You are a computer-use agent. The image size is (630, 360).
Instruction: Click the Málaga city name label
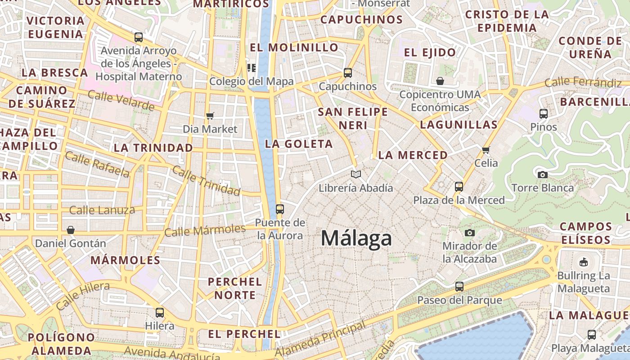[x=356, y=238]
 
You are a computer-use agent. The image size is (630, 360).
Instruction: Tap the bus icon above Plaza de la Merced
[x=459, y=186]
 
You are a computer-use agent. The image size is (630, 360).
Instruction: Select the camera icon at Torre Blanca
[x=543, y=175]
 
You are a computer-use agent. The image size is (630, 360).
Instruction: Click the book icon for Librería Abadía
[x=356, y=174]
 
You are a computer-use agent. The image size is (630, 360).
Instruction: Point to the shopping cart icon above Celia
[x=486, y=150]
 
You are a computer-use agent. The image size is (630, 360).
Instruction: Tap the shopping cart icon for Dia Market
[x=210, y=116]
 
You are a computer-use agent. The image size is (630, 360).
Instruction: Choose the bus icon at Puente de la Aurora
[x=280, y=209]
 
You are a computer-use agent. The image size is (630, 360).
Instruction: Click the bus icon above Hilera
[x=160, y=313]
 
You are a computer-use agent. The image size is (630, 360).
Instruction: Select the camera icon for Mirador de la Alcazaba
[x=470, y=233]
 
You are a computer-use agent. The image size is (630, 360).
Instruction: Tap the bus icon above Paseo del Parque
[x=459, y=287]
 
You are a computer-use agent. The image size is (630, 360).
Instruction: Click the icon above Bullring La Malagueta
[x=583, y=262]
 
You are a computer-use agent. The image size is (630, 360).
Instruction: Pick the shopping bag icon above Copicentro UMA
[x=440, y=81]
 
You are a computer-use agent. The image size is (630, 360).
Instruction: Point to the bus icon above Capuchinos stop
[x=347, y=73]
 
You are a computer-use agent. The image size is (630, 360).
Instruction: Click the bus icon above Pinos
[x=544, y=114]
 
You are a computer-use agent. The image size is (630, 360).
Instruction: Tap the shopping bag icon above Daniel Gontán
[x=71, y=230]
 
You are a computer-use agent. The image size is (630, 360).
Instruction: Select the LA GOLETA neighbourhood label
[x=299, y=144]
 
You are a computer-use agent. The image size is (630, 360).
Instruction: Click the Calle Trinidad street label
[x=206, y=181]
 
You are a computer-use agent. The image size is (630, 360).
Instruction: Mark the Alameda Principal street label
[x=320, y=339]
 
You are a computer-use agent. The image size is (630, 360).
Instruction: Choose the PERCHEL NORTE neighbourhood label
[x=235, y=288]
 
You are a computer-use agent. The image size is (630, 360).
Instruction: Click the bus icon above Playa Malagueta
[x=592, y=335]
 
